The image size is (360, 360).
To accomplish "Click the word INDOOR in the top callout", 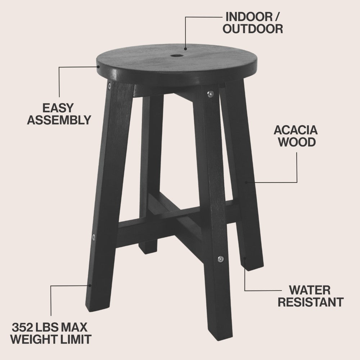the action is point(249,17).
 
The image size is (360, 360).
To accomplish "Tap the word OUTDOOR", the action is point(253,29).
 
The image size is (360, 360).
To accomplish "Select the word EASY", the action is point(58,108).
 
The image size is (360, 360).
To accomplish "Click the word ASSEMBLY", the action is point(59,120).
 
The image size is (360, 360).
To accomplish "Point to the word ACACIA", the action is point(296,130).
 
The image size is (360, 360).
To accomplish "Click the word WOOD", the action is point(297,142).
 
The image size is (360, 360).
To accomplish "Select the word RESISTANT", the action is point(311,302).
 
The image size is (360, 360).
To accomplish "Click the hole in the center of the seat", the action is point(177,56).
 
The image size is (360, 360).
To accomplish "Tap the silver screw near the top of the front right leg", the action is point(210,94).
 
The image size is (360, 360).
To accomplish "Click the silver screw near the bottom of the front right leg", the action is point(220,259).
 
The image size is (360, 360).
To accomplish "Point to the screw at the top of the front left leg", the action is point(109,86).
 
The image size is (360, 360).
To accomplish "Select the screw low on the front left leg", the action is point(94,237).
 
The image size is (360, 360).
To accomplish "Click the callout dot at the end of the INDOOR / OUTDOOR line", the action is point(185,49).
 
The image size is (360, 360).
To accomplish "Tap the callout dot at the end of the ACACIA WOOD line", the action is point(246,183).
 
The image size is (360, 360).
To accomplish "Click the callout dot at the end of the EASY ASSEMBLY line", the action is point(98,67).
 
